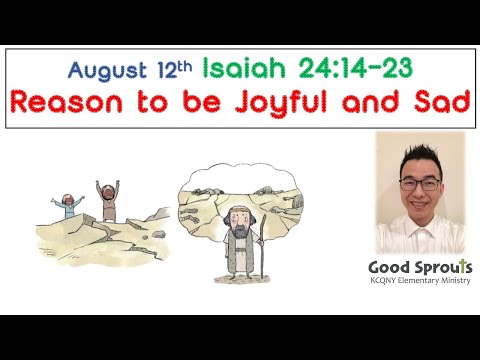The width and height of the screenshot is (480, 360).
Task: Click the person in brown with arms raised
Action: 105,201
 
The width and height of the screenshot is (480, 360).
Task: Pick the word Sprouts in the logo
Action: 442,268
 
